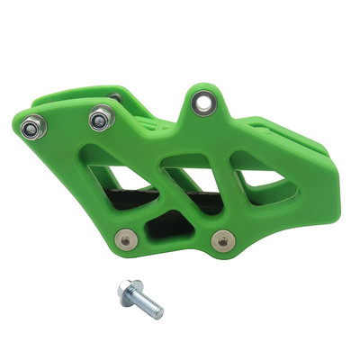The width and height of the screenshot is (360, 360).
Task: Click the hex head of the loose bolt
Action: pos(125,291)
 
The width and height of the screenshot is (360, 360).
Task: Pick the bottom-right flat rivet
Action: pos(221,241)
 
